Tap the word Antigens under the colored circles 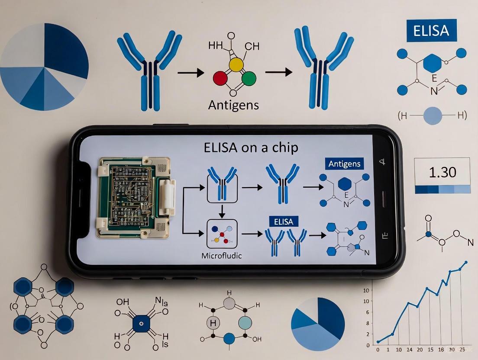[x=234, y=105]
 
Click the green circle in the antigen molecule [x=249, y=79]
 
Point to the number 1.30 [x=442, y=172]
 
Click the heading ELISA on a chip [x=251, y=148]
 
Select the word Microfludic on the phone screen [x=222, y=256]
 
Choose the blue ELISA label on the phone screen [x=284, y=222]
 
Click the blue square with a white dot [x=141, y=323]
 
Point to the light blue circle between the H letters [x=432, y=116]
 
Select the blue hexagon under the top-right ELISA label [x=433, y=63]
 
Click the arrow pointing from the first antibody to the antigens [x=191, y=72]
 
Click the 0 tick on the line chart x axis [x=378, y=349]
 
